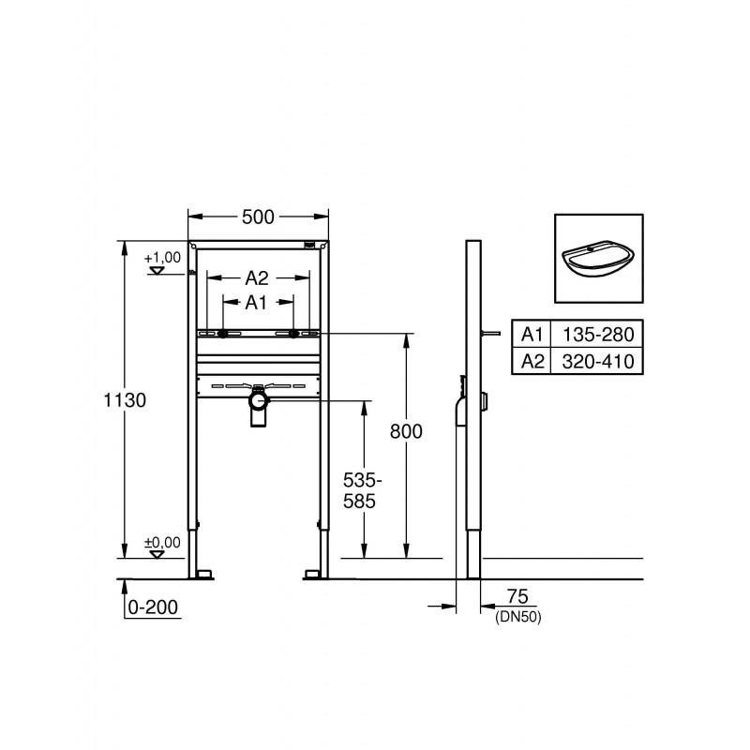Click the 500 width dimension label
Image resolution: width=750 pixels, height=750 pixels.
tap(258, 217)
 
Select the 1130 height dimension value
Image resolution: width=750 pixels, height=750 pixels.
tap(125, 400)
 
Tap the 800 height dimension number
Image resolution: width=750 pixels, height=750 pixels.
tap(406, 431)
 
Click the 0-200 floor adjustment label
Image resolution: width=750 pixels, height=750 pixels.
tap(153, 607)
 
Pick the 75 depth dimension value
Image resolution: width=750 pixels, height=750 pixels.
tap(517, 596)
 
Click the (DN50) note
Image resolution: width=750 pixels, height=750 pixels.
tap(518, 617)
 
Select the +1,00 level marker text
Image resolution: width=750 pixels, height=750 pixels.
tap(162, 258)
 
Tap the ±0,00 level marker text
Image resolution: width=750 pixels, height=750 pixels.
tap(162, 543)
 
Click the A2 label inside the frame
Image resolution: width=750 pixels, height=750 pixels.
tap(257, 277)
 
